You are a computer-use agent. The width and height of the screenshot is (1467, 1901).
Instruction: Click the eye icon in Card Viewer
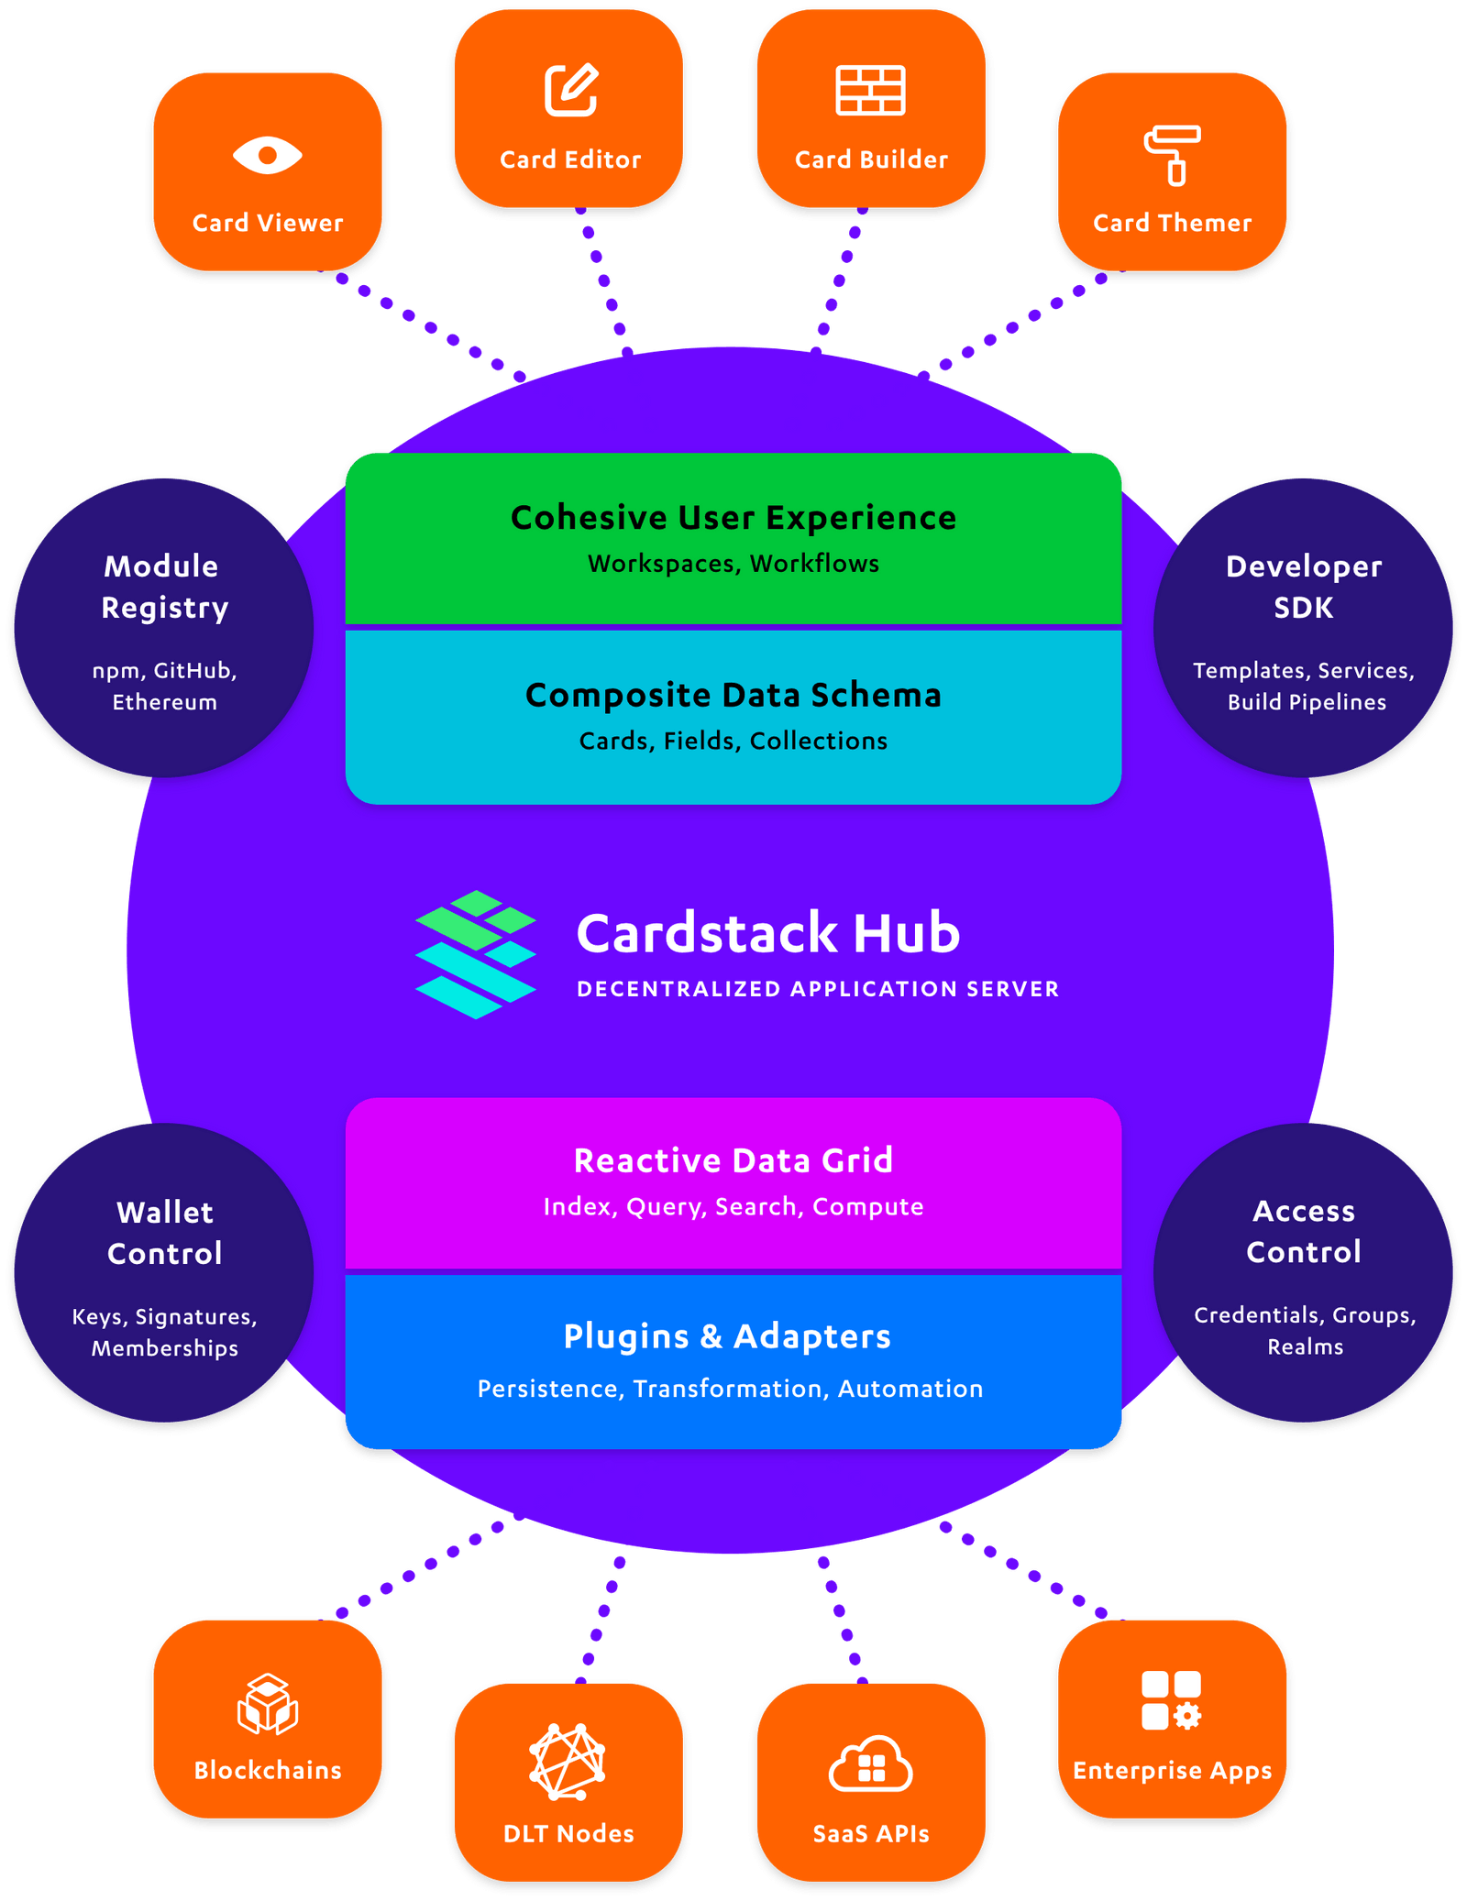coord(267,155)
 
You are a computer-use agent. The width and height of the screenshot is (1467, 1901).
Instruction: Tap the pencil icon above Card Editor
coord(570,90)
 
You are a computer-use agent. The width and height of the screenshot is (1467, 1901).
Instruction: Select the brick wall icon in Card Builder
coord(870,90)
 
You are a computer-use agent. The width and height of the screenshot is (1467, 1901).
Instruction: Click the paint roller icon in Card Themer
coord(1172,155)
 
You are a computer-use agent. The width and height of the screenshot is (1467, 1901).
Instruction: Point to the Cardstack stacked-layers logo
coord(475,954)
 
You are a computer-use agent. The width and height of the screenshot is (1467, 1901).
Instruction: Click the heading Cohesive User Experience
coord(733,518)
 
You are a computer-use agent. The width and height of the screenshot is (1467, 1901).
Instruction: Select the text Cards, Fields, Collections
coord(733,741)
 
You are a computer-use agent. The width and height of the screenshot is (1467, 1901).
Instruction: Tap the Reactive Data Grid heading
coord(733,1160)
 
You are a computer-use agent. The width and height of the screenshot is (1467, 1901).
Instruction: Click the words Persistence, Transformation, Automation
coord(730,1389)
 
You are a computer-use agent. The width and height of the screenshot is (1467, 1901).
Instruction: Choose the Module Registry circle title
coord(164,587)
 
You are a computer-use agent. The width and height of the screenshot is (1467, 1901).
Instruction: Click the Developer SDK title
coord(1303,587)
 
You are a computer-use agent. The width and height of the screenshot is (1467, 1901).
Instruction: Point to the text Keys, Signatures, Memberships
coord(165,1332)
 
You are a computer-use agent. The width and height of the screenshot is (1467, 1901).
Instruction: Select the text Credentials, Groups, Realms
coord(1304,1330)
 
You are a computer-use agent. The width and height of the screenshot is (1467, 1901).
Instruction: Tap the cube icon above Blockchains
coord(267,1704)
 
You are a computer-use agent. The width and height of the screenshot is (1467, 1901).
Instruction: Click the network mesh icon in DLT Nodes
coord(568,1761)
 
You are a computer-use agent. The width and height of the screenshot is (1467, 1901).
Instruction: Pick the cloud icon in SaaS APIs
coord(870,1764)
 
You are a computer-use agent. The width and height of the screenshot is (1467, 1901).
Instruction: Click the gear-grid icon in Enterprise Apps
coord(1171,1700)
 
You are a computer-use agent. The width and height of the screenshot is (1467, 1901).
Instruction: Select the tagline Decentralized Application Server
coord(818,989)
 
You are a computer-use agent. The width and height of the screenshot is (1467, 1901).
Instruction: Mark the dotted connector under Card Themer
coord(1011,326)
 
